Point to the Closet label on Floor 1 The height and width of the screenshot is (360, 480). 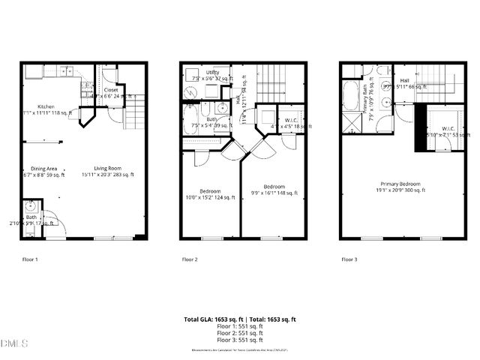click(110, 89)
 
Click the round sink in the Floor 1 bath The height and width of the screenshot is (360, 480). click(31, 207)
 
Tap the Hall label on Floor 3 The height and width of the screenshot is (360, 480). click(404, 80)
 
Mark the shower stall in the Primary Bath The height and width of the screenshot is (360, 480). click(351, 123)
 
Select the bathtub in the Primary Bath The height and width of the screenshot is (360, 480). click(351, 95)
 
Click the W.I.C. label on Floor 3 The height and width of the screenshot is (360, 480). click(448, 128)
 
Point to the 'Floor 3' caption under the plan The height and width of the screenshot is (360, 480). click(349, 259)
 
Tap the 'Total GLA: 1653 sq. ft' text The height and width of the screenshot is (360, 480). click(212, 319)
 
